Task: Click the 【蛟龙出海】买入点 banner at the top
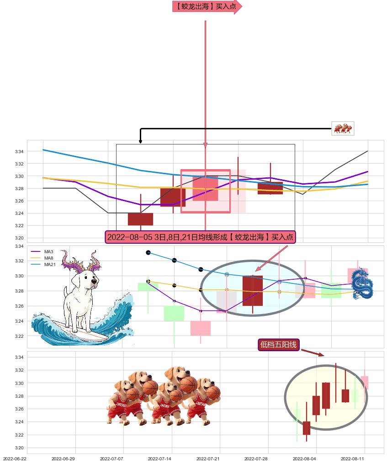207,6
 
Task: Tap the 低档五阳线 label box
278,345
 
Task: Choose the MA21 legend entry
43,265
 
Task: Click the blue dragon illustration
362,283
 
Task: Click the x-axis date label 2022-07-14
159,459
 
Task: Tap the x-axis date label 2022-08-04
304,459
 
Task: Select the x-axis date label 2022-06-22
15,459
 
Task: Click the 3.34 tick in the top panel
19,151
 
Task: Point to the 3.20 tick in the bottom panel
19,448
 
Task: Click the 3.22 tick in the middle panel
19,336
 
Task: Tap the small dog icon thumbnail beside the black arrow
343,128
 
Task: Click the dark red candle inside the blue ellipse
252,291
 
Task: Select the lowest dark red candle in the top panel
140,219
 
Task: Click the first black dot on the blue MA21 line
148,252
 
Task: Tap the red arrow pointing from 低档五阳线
313,352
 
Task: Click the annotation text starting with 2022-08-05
200,237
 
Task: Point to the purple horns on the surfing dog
81,262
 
